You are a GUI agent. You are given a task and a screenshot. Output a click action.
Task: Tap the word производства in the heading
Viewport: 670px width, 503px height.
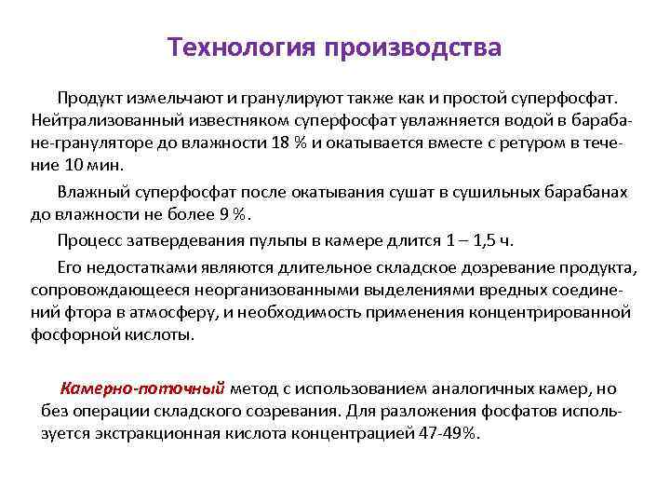click(413, 48)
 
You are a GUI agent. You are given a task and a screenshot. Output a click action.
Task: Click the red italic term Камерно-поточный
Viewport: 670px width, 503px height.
click(142, 389)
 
